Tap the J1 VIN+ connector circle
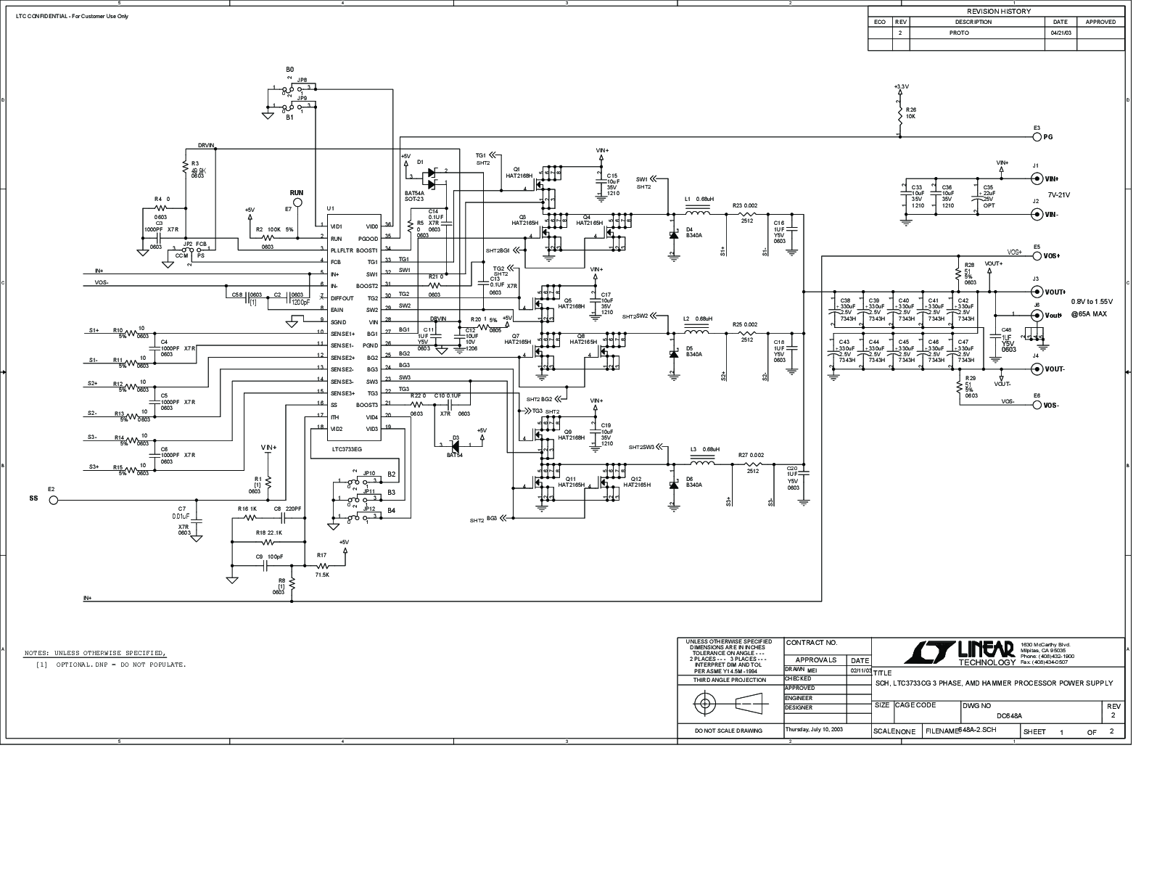click(x=1037, y=178)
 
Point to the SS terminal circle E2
click(x=53, y=500)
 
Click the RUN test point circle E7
click(x=296, y=208)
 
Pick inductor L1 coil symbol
click(x=698, y=213)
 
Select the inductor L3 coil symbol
click(x=702, y=464)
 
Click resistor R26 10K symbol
click(x=900, y=115)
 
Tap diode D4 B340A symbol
click(x=672, y=234)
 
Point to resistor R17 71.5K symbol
click(x=321, y=566)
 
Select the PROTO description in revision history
click(x=958, y=33)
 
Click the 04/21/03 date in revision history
click(x=1060, y=33)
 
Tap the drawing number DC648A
click(x=1009, y=716)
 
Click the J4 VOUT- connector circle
click(x=1037, y=369)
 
